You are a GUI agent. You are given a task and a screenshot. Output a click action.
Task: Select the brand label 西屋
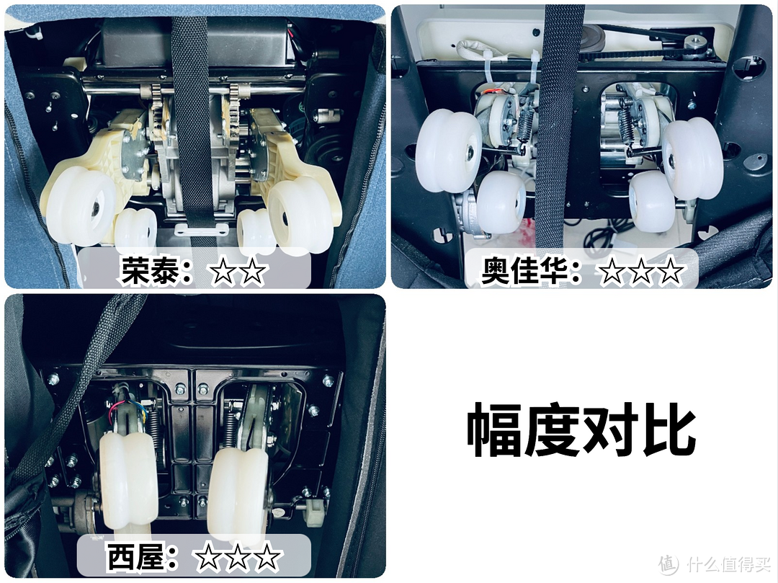135,556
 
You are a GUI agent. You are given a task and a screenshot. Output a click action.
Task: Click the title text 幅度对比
581,430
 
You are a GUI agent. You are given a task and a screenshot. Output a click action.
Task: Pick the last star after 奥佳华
671,271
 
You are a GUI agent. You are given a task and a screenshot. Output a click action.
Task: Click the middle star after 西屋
238,557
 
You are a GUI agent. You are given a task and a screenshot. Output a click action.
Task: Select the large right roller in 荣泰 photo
300,217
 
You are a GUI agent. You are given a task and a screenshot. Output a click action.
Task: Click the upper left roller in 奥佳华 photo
449,150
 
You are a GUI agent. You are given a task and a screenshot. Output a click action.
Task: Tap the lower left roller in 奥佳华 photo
501,203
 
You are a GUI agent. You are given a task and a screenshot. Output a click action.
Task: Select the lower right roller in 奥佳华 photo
652,202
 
